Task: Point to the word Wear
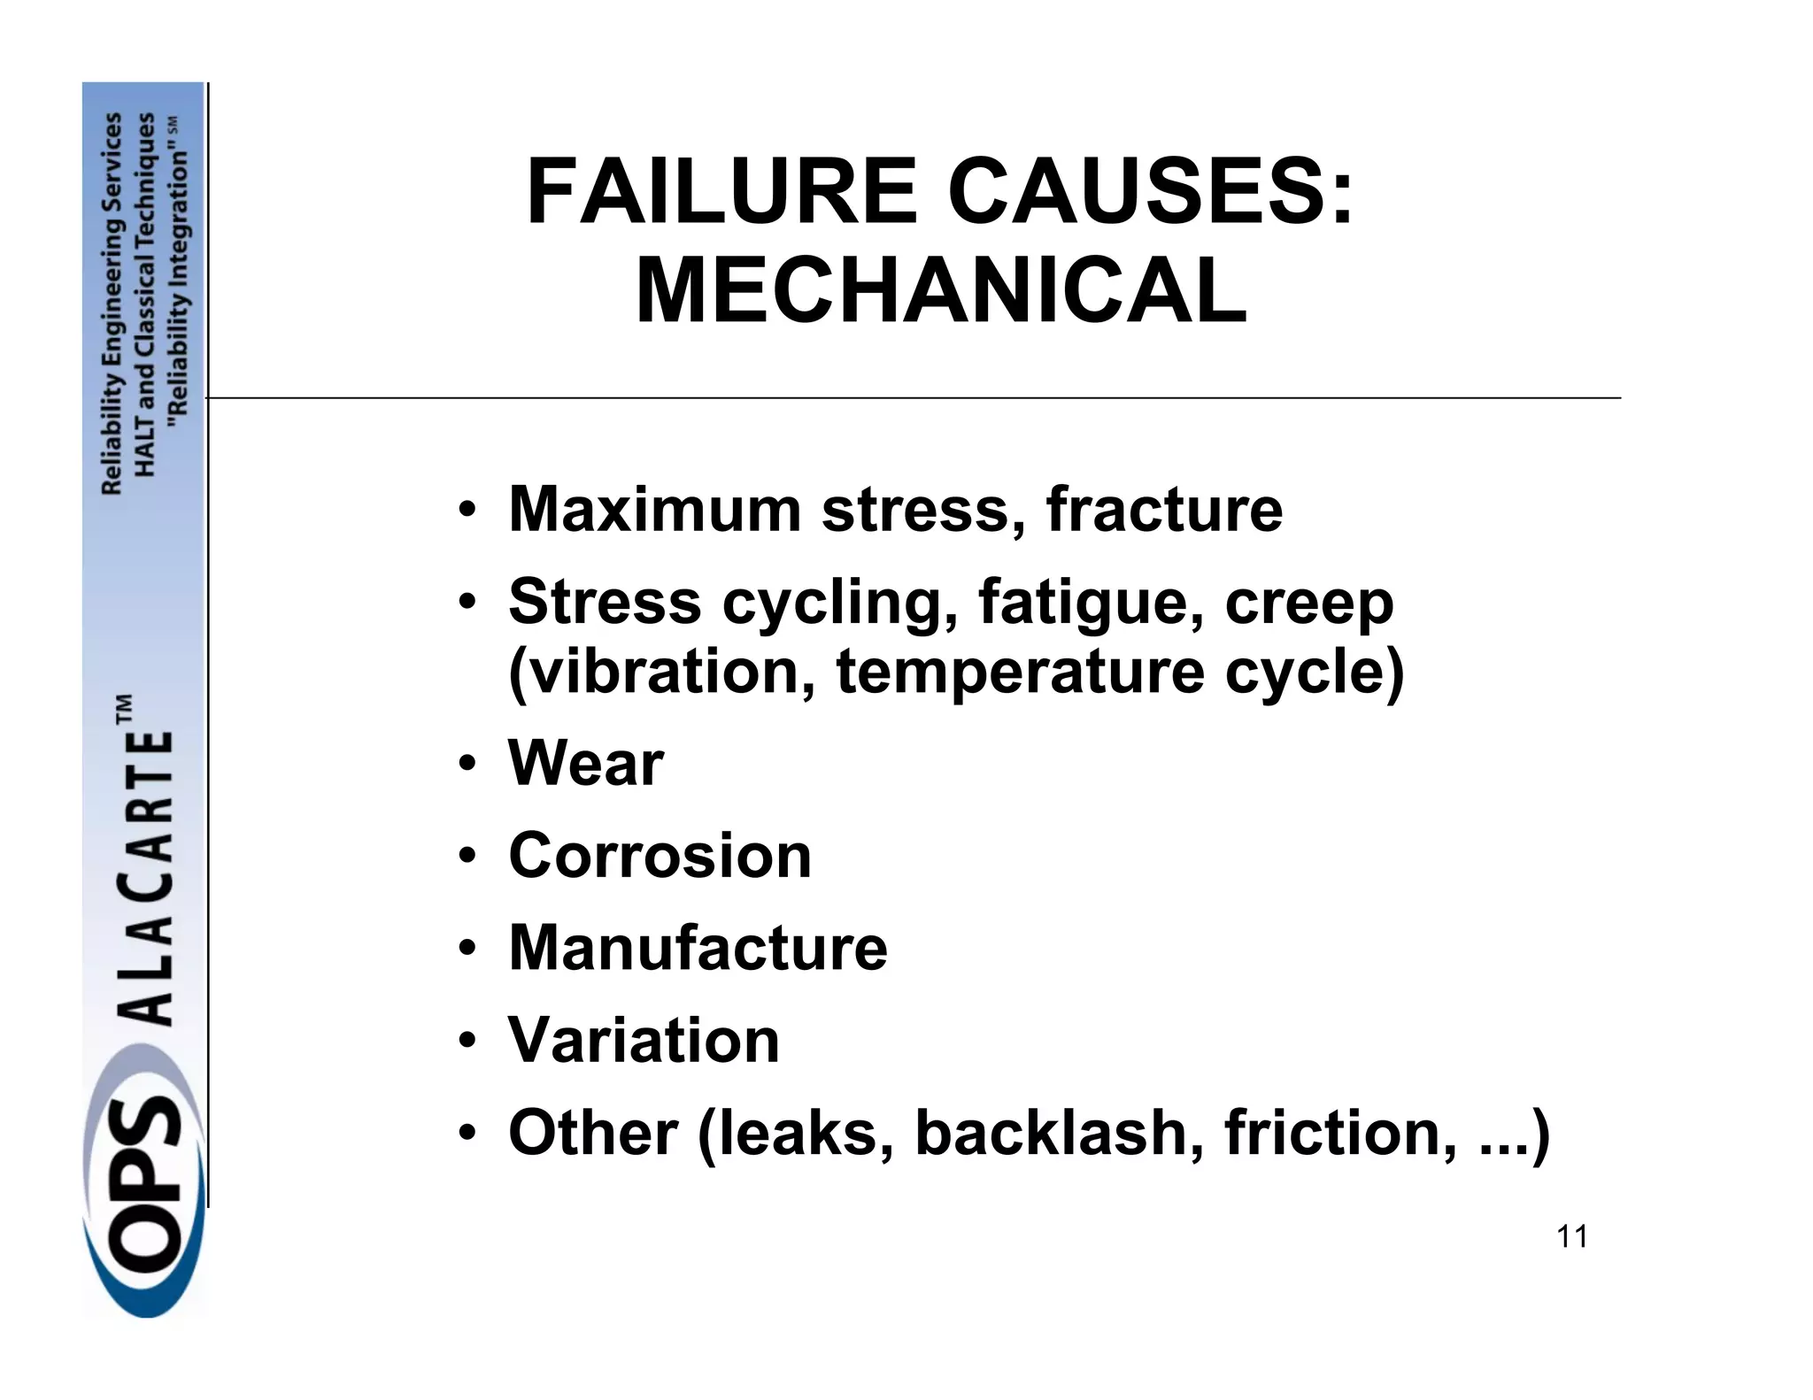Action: click(x=585, y=763)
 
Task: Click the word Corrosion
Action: click(x=660, y=856)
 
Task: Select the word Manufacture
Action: click(x=698, y=948)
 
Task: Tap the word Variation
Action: click(x=644, y=1040)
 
